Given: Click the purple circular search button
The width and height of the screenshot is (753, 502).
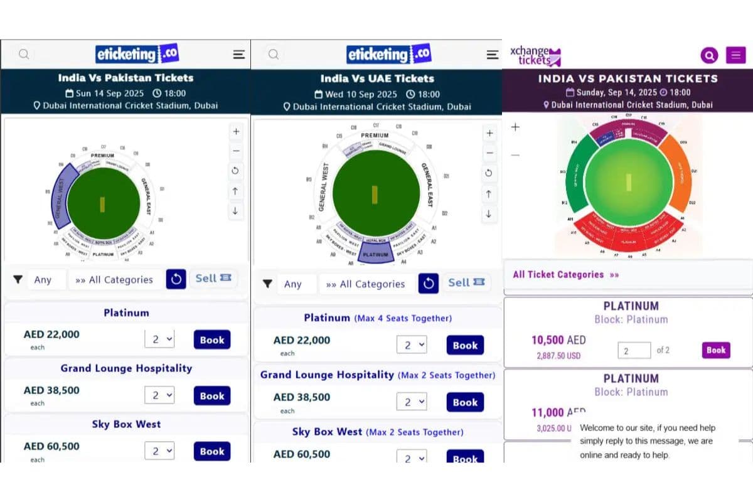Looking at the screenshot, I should (709, 55).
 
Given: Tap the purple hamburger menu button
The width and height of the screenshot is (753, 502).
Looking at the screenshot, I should (735, 55).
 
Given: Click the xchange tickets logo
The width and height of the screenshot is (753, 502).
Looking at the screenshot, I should (535, 56).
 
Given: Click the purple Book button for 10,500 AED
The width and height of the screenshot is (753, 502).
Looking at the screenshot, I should (716, 350).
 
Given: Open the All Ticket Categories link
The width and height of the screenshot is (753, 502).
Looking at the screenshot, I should (565, 274).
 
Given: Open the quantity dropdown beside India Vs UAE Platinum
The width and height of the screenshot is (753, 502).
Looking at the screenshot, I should (412, 344).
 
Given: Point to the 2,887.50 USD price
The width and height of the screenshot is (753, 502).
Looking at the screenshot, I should (558, 355).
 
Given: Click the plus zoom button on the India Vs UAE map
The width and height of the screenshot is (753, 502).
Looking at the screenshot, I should (490, 133).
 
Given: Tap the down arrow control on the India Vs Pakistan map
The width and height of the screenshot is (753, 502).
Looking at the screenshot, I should (235, 211).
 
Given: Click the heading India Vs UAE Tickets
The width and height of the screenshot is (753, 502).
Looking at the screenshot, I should (377, 78).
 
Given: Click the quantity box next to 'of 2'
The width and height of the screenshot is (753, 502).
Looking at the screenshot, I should (634, 351).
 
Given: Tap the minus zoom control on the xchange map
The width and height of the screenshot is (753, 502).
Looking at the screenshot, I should (515, 155).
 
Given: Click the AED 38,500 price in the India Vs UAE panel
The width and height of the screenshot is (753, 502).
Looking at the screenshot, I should (301, 397).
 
